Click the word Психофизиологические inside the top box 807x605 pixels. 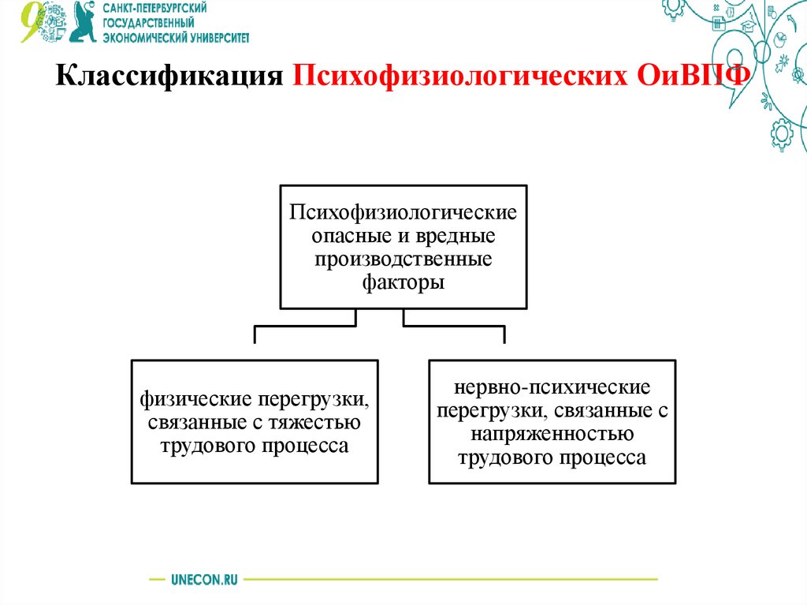click(403, 212)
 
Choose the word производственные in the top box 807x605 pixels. click(403, 258)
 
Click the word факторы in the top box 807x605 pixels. click(403, 282)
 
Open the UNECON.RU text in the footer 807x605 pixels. click(203, 579)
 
